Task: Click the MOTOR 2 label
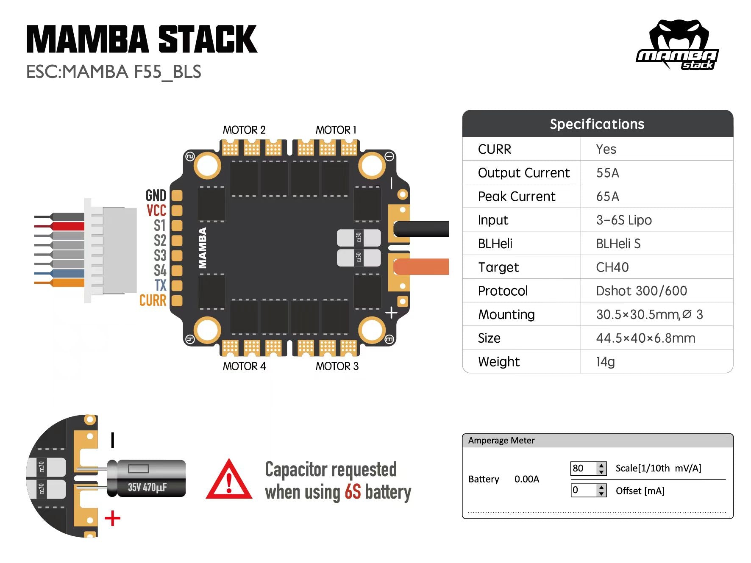point(244,130)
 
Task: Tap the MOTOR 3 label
point(337,366)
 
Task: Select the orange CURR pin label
point(153,300)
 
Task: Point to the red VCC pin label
point(156,211)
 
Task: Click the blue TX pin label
point(160,285)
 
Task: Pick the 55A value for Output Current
point(607,173)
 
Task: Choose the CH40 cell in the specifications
point(612,267)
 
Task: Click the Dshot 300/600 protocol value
point(641,291)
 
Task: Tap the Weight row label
point(498,362)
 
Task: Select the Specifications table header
point(597,124)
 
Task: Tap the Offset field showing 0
point(583,490)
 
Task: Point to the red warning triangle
point(229,481)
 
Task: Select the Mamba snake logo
point(677,45)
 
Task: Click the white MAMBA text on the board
point(203,248)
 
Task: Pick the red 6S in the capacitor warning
point(352,492)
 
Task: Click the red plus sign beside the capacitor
point(112,518)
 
